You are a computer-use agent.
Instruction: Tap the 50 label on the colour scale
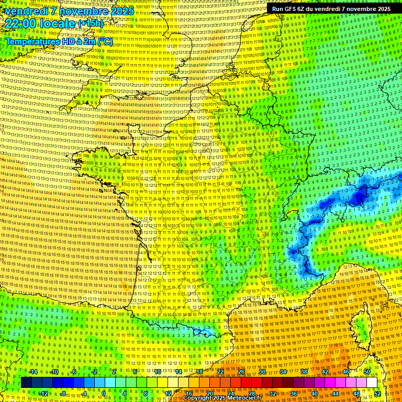point(366,372)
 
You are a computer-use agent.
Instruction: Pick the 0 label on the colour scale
point(104,393)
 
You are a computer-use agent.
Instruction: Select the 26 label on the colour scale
point(241,372)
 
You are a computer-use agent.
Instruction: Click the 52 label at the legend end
point(377,393)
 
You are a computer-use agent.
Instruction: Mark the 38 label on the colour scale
point(304,372)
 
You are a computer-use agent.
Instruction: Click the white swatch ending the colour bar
point(372,383)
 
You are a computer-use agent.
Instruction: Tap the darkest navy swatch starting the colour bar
point(26,383)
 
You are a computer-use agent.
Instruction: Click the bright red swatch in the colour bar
point(246,383)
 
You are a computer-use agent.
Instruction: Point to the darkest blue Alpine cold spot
point(360,197)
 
